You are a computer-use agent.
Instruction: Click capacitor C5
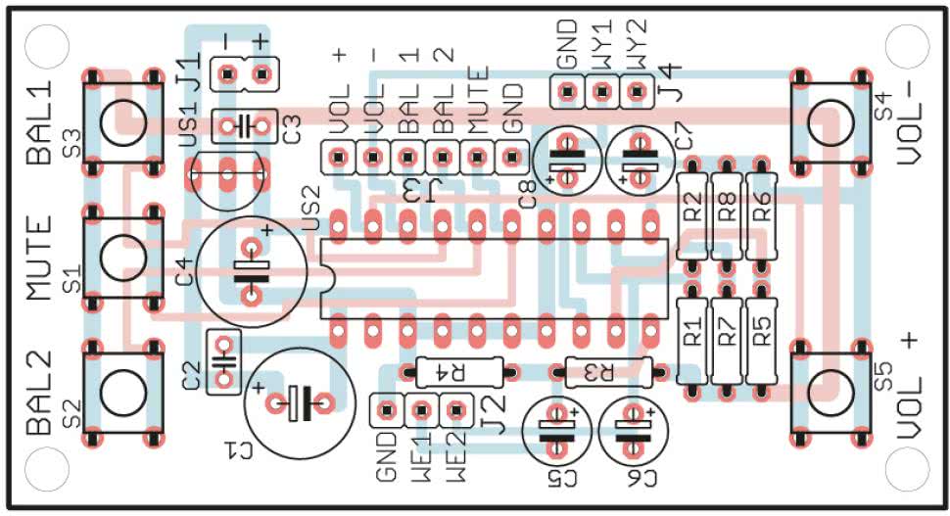(555, 431)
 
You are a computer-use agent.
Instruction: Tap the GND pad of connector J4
(565, 93)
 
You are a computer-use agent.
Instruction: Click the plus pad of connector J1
(261, 73)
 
